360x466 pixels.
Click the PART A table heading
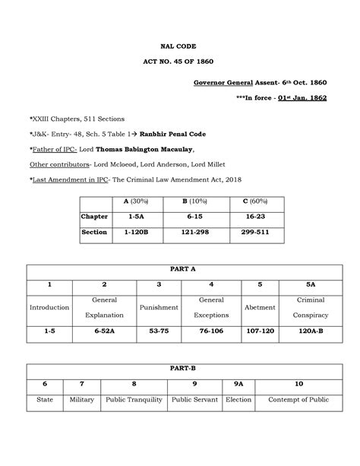pos(179,270)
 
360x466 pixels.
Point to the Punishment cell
pos(159,308)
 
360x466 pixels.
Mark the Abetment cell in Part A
pos(260,308)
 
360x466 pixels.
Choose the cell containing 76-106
pos(210,332)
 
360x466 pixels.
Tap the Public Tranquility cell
pos(134,400)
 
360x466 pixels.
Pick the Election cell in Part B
pos(238,400)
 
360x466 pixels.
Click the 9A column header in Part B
pos(238,385)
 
